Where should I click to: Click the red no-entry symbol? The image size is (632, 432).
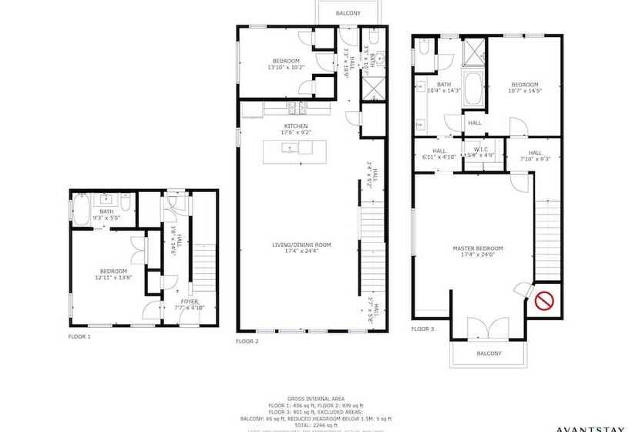pos(546,299)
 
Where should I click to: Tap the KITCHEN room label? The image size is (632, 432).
pos(296,126)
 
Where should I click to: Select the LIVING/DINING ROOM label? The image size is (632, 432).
pos(301,245)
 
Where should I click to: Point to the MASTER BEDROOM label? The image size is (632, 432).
pos(477,248)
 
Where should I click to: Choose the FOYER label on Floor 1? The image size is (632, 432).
pos(189,301)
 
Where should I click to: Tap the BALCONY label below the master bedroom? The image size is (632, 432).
pos(489,353)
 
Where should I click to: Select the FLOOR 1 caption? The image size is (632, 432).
pos(79,337)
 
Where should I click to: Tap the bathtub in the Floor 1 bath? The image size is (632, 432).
pos(83,211)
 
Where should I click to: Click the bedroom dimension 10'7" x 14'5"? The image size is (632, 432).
pos(526,91)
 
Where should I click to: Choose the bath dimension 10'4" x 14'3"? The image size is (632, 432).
pos(444,91)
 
